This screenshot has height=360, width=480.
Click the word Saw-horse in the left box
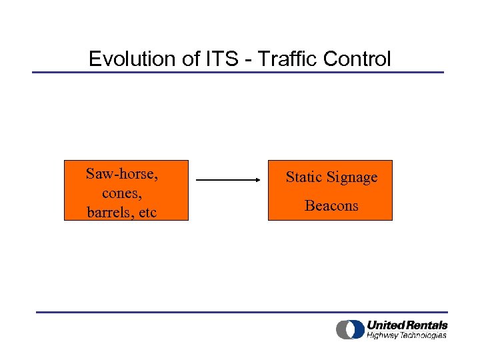pos(122,175)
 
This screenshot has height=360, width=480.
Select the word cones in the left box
pos(121,193)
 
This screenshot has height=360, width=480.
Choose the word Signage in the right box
pos(353,178)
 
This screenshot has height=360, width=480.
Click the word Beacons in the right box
pos(331,205)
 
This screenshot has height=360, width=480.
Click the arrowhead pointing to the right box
pos(257,180)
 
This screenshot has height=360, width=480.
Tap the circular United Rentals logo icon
pos(350,329)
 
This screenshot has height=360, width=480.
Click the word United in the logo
pos(385,325)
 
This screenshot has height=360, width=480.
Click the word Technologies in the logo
pos(424,335)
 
